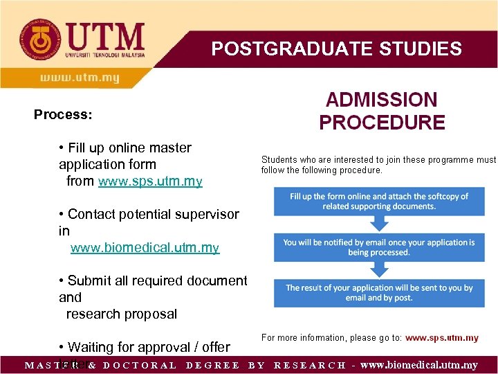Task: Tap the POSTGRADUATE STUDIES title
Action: coord(336,48)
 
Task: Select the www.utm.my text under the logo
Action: coord(80,78)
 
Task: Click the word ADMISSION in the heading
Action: coord(381,100)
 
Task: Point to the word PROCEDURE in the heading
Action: coord(381,123)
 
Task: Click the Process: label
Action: coord(63,114)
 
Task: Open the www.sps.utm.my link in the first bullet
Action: coord(150,181)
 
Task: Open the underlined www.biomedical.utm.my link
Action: coord(145,248)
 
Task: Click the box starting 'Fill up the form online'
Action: coord(378,202)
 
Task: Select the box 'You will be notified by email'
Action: coord(378,247)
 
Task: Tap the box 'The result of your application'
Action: coord(378,293)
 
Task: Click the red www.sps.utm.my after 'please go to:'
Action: coord(441,338)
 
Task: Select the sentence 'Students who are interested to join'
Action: coord(378,165)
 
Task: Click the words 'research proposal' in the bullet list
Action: coord(121,314)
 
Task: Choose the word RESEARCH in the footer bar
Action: coord(309,365)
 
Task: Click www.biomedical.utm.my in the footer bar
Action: coord(418,365)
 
